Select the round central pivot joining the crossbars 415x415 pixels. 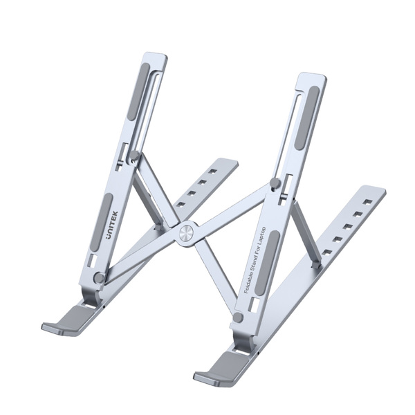[186, 233]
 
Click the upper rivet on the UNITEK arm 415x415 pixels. [136, 157]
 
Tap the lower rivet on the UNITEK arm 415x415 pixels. [99, 277]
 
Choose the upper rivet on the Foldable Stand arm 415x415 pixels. [275, 183]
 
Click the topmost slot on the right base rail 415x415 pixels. [367, 202]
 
